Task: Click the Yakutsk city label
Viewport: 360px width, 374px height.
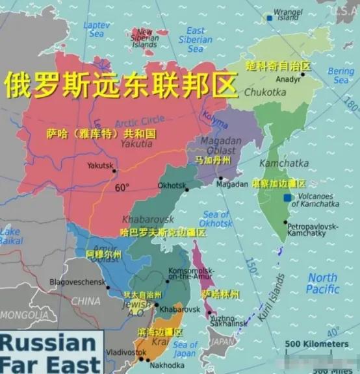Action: [100, 165]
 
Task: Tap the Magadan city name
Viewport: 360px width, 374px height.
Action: [232, 184]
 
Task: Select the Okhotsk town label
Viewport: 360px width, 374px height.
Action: [172, 185]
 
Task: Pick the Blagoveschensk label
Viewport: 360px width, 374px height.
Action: [77, 282]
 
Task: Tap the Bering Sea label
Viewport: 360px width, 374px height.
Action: [341, 75]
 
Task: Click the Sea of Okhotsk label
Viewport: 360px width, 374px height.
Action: [216, 219]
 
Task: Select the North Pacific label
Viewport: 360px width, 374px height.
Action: [322, 284]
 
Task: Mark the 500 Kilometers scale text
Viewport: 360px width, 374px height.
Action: [316, 343]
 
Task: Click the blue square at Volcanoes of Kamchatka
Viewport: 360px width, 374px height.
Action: [287, 197]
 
